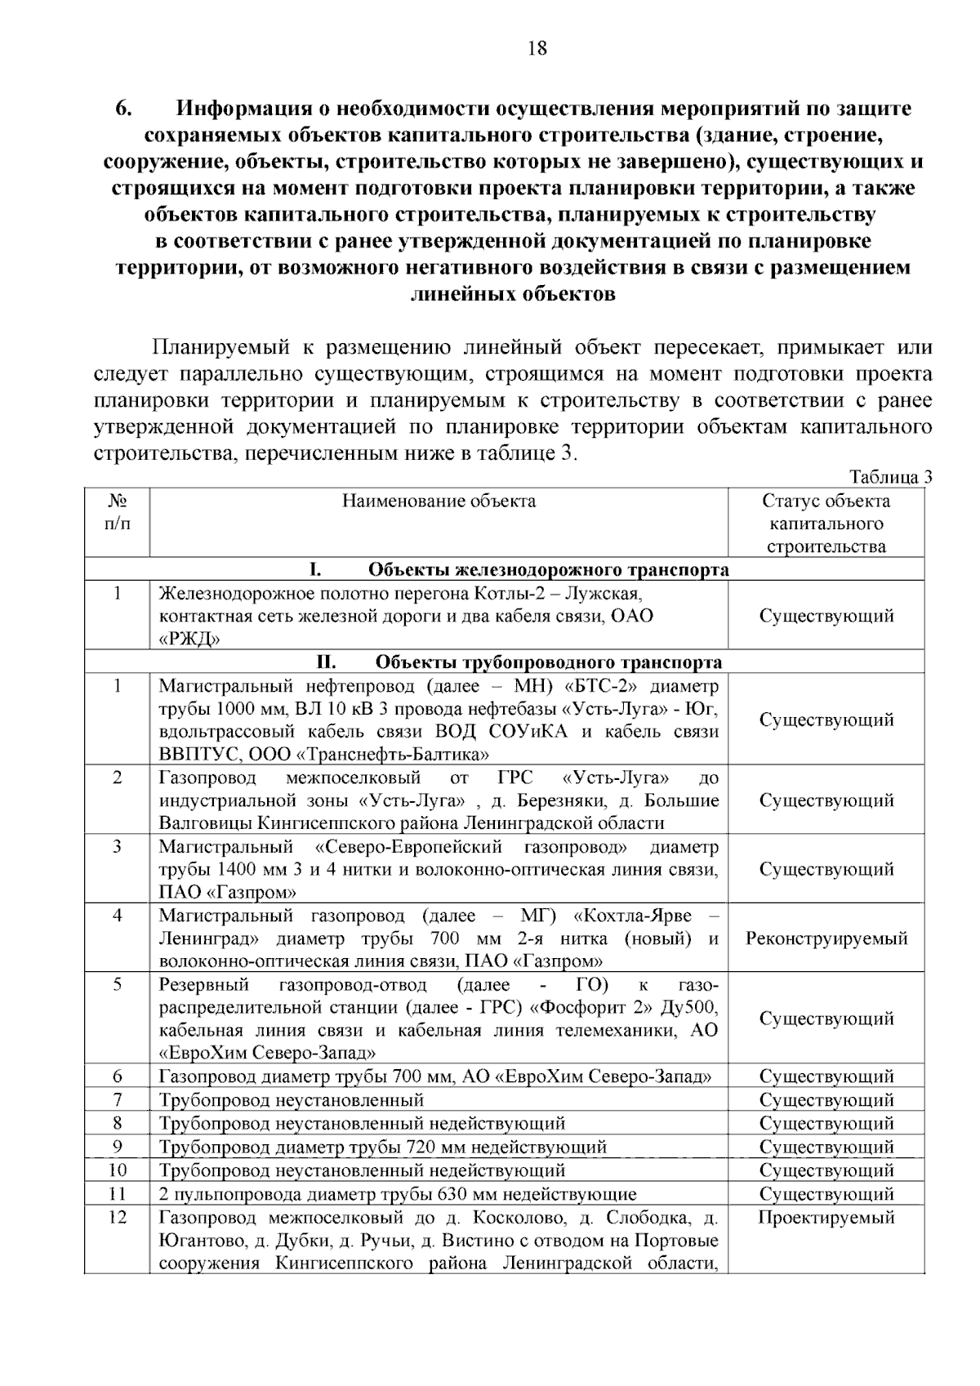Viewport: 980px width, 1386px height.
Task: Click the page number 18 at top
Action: [537, 48]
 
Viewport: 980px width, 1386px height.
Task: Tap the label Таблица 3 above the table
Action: [890, 478]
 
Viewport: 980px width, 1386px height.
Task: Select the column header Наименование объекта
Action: [439, 501]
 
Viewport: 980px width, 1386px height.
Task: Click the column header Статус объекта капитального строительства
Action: [826, 524]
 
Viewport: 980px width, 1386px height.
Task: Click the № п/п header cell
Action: [117, 511]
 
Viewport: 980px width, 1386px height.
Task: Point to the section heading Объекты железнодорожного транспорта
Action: [548, 569]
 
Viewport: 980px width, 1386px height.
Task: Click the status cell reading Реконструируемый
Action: [826, 938]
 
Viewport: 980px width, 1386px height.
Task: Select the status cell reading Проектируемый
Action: [826, 1218]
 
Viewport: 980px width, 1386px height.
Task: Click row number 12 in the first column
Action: [117, 1218]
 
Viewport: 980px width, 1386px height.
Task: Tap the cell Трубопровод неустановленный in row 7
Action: [292, 1100]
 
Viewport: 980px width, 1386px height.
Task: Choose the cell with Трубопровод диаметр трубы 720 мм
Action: [382, 1147]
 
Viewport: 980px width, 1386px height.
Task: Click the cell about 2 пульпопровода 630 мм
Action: [397, 1194]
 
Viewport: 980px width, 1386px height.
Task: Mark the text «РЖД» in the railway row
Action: [189, 639]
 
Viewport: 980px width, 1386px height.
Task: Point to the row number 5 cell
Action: [117, 985]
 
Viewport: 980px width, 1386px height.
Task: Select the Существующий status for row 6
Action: [826, 1076]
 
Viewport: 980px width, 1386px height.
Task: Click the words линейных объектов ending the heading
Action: [512, 294]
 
